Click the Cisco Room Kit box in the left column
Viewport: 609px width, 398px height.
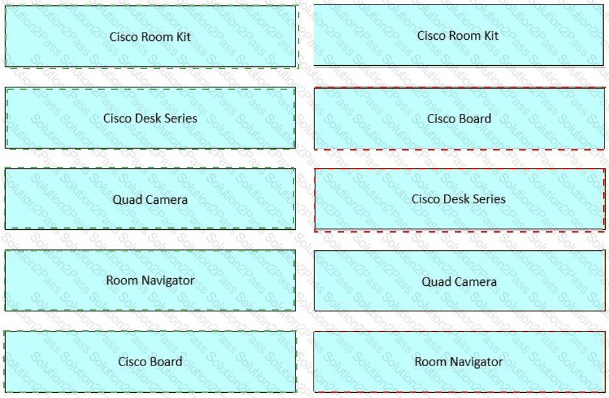pyautogui.click(x=151, y=36)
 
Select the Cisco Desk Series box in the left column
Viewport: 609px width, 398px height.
pyautogui.click(x=150, y=118)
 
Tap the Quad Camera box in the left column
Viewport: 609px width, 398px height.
pyautogui.click(x=150, y=199)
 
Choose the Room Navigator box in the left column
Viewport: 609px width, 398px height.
pyautogui.click(x=150, y=280)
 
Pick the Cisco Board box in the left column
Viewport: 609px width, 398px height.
pyautogui.click(x=150, y=362)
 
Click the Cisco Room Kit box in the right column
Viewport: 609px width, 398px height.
pyautogui.click(x=458, y=35)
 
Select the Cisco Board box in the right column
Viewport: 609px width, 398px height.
pyautogui.click(x=459, y=119)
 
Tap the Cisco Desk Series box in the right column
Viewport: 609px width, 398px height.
pyautogui.click(x=459, y=200)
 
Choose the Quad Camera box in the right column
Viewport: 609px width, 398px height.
pyautogui.click(x=459, y=281)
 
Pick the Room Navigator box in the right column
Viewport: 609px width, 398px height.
pyautogui.click(x=459, y=362)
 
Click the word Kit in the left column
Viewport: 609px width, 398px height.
pyautogui.click(x=183, y=37)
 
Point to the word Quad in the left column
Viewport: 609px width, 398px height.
pyautogui.click(x=125, y=200)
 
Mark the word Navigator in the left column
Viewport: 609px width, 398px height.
pyautogui.click(x=168, y=281)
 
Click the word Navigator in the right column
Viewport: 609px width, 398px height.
pyautogui.click(x=476, y=362)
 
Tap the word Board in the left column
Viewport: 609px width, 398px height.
pyautogui.click(x=166, y=362)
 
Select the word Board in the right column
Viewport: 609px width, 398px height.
pyautogui.click(x=476, y=119)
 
